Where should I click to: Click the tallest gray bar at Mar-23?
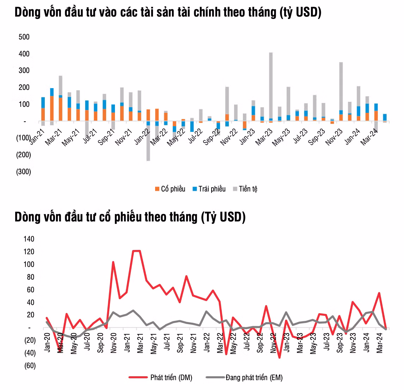271,85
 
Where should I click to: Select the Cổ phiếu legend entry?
170,189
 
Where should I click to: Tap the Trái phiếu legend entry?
209,189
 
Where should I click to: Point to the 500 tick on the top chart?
24,37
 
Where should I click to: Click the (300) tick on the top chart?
24,172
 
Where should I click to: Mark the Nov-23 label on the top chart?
334,137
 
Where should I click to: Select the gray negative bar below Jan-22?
148,143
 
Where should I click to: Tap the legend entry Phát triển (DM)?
161,378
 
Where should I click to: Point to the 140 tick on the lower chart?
29,239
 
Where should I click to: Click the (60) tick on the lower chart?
30,366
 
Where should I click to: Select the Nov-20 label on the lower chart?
114,342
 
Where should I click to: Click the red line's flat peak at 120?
136,251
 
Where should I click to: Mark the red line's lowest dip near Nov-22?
280,358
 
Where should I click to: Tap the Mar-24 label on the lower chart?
380,342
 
